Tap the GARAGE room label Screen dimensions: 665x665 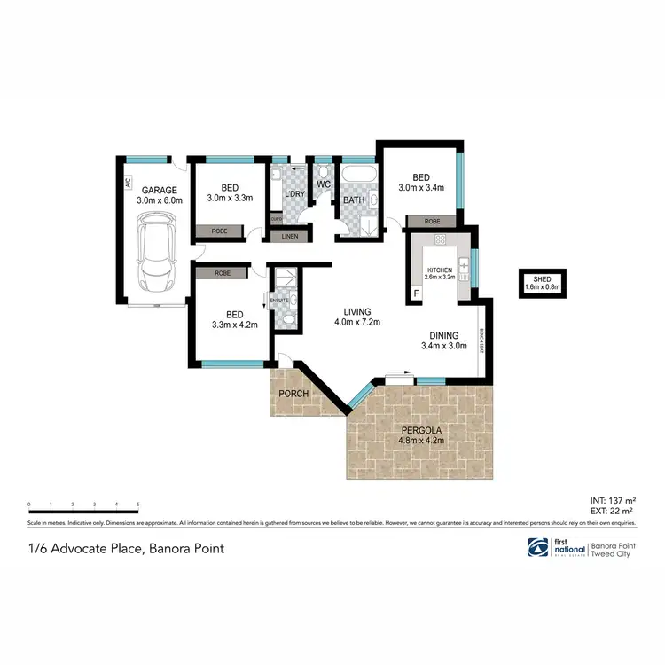point(159,190)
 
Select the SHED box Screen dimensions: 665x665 point(543,284)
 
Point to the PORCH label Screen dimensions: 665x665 point(293,393)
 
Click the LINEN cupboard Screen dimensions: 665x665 point(289,236)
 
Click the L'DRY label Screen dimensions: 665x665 point(293,195)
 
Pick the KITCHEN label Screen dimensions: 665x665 point(440,270)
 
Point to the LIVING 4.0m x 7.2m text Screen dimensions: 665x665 point(357,317)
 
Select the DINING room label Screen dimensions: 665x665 point(443,335)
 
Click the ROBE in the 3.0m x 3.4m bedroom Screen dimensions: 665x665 point(432,222)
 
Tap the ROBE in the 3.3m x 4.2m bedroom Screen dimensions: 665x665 point(223,274)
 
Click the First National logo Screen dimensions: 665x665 point(537,547)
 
